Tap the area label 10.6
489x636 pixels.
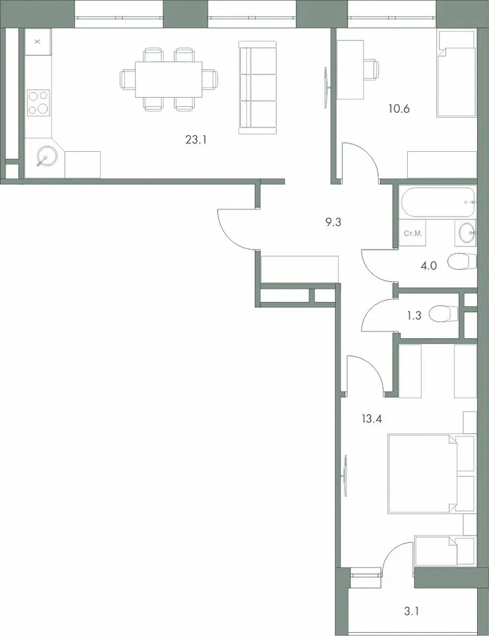[x=399, y=109]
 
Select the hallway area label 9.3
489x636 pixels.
[x=333, y=222]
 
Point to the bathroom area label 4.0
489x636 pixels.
[x=429, y=267]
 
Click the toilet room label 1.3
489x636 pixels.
[x=414, y=316]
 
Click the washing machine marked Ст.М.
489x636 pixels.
[x=414, y=233]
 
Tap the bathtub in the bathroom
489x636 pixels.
[x=437, y=203]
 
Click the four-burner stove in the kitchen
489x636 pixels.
[x=38, y=103]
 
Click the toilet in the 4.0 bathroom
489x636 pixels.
[x=461, y=262]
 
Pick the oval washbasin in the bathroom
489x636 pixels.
[x=467, y=232]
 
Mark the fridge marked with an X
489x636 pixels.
[x=38, y=42]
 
